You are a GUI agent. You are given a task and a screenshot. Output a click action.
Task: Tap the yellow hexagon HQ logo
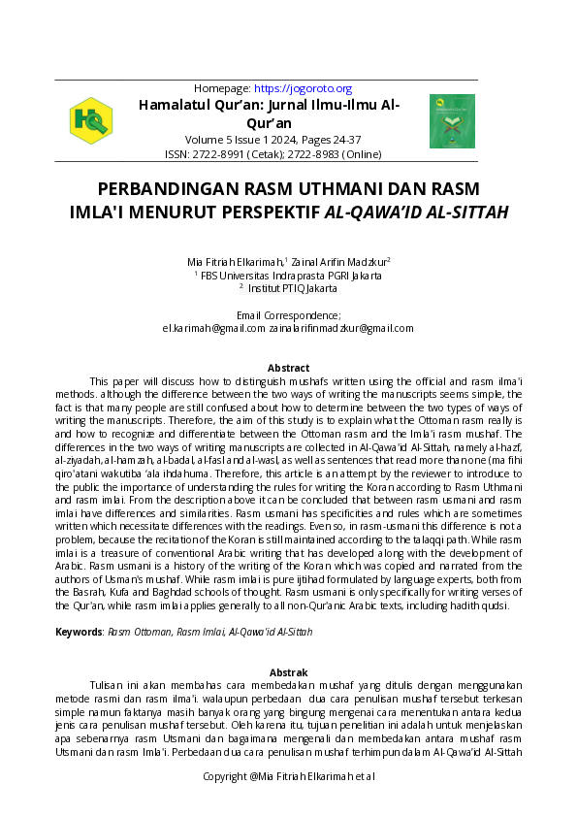[x=91, y=120]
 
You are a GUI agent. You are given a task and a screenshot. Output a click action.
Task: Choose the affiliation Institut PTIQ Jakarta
[x=289, y=288]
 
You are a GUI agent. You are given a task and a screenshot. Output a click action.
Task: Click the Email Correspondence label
[x=289, y=315]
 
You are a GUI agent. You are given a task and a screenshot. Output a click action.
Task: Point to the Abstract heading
[x=289, y=369]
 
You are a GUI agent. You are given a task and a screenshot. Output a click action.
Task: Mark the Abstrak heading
[x=289, y=672]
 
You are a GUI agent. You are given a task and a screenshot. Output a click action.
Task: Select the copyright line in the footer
[x=289, y=776]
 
